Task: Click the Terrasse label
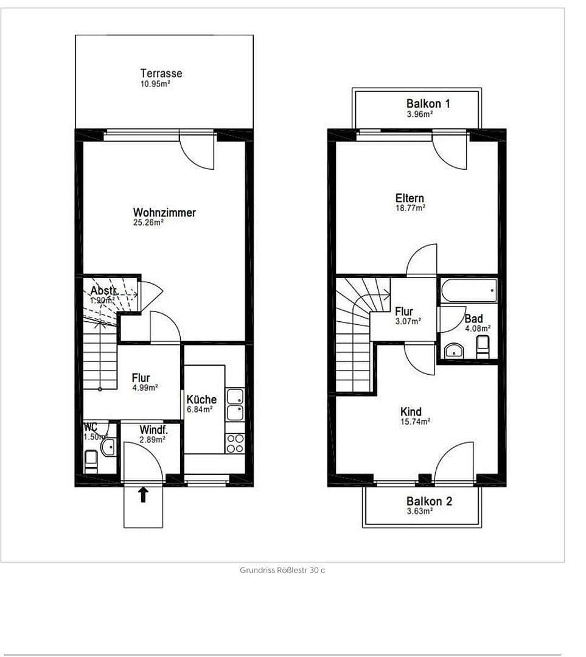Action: click(161, 74)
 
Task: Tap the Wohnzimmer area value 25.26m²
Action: click(148, 223)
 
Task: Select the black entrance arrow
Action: click(143, 494)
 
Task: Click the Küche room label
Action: click(201, 399)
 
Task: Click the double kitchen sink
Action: click(235, 405)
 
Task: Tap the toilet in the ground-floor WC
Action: click(91, 461)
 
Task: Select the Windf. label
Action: click(153, 429)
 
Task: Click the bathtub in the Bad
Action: click(469, 290)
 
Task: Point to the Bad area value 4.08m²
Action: click(478, 328)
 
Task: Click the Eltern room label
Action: click(410, 198)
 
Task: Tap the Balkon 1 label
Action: click(428, 103)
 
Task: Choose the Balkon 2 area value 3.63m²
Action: click(420, 512)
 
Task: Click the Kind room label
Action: click(411, 412)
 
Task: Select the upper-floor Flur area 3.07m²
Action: click(408, 321)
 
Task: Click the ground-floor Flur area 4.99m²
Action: click(145, 388)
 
